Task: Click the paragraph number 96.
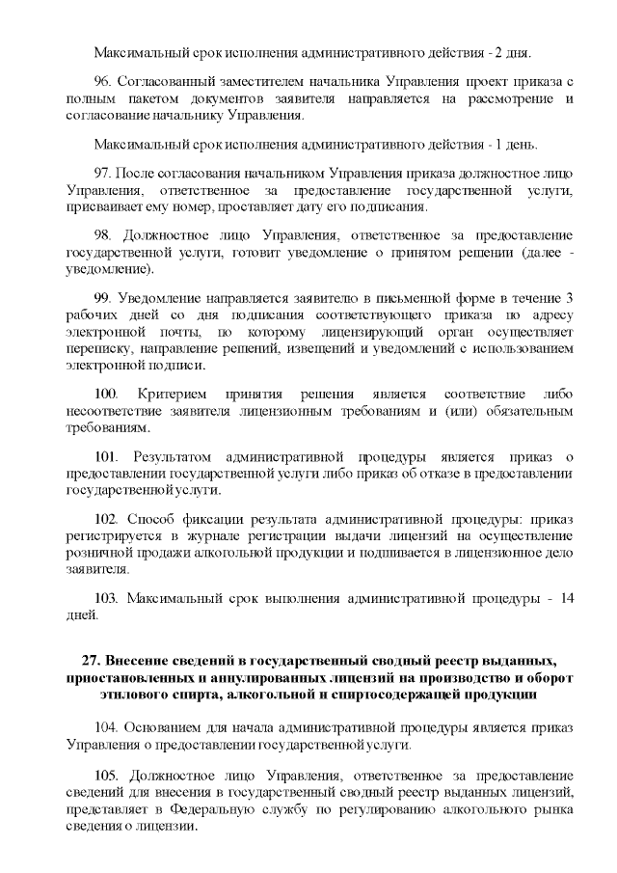pyautogui.click(x=104, y=79)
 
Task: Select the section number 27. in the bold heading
pyautogui.click(x=93, y=660)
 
